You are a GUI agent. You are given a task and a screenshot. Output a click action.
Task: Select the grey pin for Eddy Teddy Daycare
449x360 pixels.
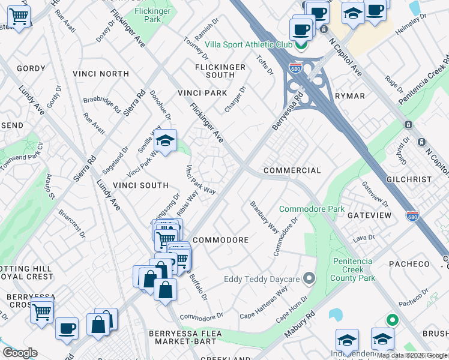pos(309,278)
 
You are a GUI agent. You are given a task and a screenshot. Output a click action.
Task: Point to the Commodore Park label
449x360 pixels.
pos(312,209)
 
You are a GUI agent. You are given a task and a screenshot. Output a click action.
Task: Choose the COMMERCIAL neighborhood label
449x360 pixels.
pos(292,171)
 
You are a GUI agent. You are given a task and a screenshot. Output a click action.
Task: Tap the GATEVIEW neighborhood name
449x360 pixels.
pos(369,215)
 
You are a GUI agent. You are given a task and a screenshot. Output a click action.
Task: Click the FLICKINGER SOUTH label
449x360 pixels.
pos(220,71)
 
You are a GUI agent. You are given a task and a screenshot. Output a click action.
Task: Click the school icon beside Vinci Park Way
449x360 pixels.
pos(165,142)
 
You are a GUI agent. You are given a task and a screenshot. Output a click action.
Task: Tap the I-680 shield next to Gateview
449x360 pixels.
pos(412,215)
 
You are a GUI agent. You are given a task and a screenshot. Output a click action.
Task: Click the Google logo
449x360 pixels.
pos(20,353)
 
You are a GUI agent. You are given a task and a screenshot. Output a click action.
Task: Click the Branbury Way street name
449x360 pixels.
pos(264,217)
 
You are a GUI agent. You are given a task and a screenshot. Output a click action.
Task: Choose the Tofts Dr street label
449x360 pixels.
pos(265,65)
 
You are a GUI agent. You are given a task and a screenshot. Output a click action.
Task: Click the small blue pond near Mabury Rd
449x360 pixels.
pos(336,314)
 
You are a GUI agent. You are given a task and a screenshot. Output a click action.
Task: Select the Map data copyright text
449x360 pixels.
pos(412,355)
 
